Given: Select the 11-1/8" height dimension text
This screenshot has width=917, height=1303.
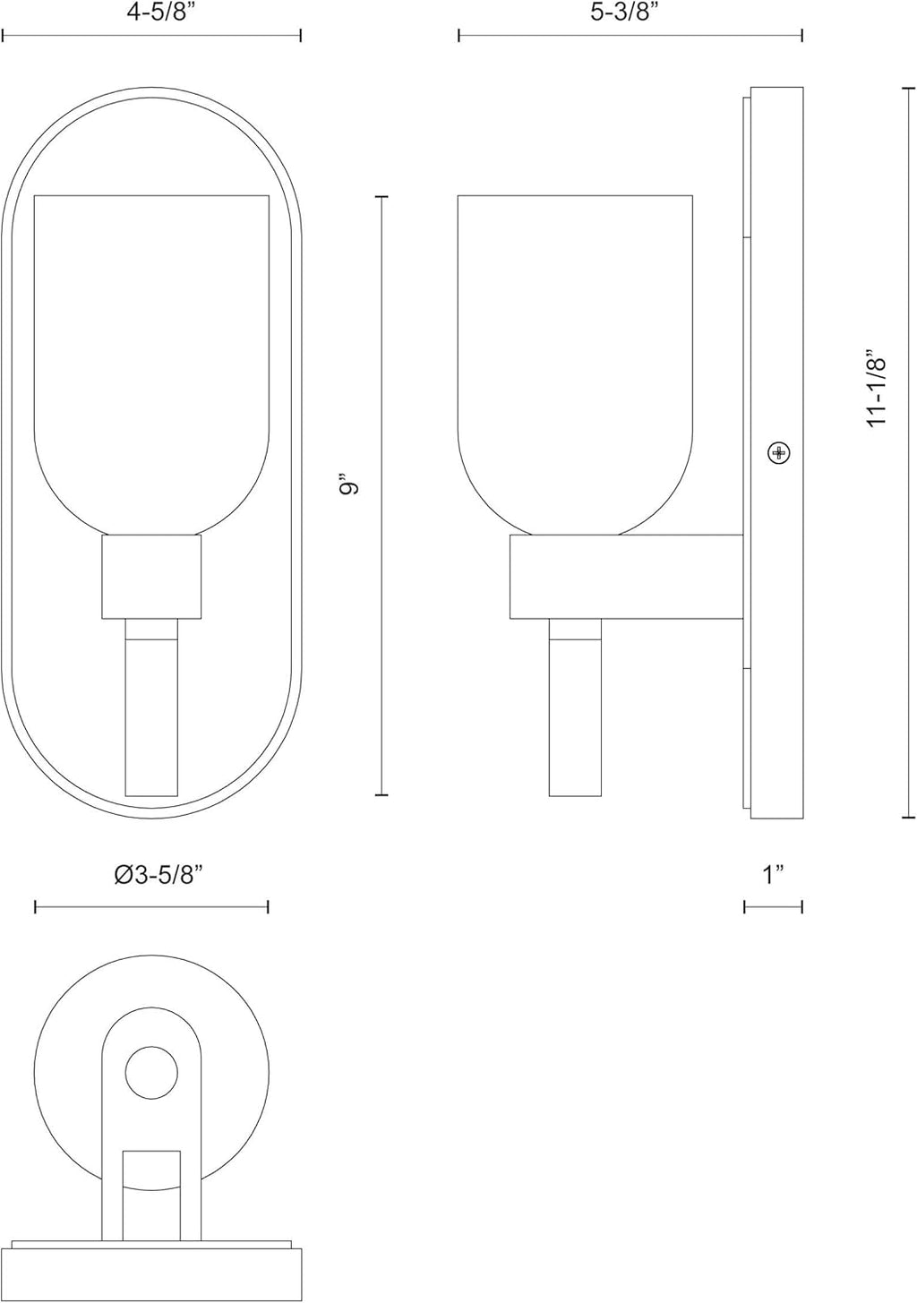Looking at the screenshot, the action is (878, 389).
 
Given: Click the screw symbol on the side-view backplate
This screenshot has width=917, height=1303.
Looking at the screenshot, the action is (779, 452).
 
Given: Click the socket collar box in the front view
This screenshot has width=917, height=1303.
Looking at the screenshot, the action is (151, 577).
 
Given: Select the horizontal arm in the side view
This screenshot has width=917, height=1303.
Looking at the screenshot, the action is (627, 577).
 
